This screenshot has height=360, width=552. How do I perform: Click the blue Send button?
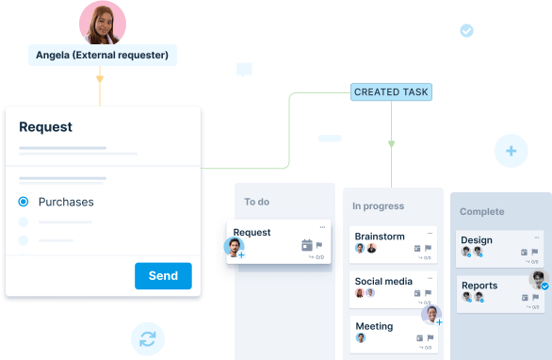[163, 276]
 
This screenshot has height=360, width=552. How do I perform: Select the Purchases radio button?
[24, 202]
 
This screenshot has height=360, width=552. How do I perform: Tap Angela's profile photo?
[104, 23]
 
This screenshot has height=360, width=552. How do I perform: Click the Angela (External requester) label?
[102, 56]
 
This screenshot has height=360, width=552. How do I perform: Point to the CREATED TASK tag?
[391, 92]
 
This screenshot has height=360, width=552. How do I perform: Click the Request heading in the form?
[45, 127]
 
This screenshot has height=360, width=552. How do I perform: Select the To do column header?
[256, 202]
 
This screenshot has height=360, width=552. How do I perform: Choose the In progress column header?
[378, 206]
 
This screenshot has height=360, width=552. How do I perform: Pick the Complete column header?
[481, 212]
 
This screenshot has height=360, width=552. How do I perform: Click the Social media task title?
[383, 281]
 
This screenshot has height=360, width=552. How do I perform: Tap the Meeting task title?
[374, 326]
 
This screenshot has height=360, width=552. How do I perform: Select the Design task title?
[477, 240]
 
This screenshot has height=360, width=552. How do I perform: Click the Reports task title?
[479, 286]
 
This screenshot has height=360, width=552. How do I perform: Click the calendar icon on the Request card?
[307, 246]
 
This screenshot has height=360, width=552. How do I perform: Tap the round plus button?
[511, 151]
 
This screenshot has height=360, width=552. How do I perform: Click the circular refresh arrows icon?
[148, 339]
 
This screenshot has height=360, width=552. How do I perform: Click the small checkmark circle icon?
[466, 31]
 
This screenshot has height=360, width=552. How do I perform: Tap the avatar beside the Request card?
[234, 248]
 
